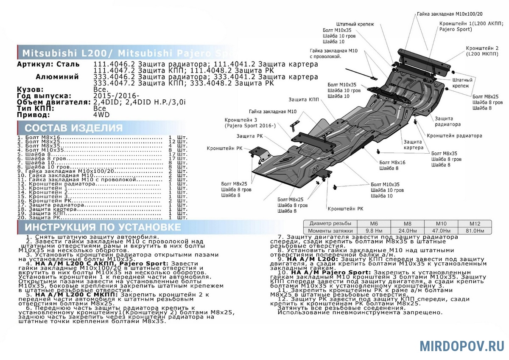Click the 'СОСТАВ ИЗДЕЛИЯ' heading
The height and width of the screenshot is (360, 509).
point(73,128)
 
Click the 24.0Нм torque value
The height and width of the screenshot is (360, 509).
point(407,231)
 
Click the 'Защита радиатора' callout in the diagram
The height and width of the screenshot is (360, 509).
point(447,122)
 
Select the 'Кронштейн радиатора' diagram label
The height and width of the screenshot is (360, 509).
point(454,136)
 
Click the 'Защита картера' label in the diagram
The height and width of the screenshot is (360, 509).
point(413,144)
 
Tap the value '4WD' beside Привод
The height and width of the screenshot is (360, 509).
point(101,115)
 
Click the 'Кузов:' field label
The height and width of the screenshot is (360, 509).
point(30,90)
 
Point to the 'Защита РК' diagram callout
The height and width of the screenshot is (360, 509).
point(250,136)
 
